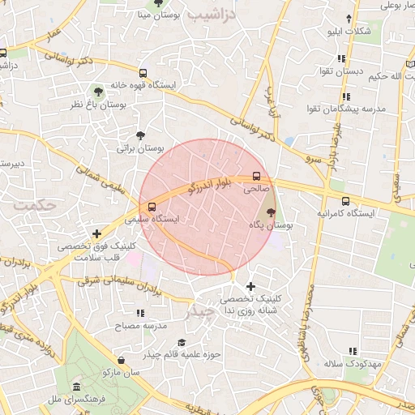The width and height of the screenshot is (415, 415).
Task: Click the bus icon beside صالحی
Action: [x=257, y=176]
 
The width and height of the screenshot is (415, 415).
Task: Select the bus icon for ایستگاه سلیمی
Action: [x=152, y=206]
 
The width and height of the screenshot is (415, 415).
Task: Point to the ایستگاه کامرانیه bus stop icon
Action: [x=346, y=201]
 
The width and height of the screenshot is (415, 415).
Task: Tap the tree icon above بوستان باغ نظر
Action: [x=98, y=92]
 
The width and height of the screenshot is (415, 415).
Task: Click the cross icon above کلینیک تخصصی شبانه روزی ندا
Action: [x=250, y=286]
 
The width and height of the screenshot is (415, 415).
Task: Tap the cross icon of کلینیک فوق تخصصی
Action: [x=97, y=234]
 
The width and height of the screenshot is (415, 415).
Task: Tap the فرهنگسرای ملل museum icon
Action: [x=76, y=387]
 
